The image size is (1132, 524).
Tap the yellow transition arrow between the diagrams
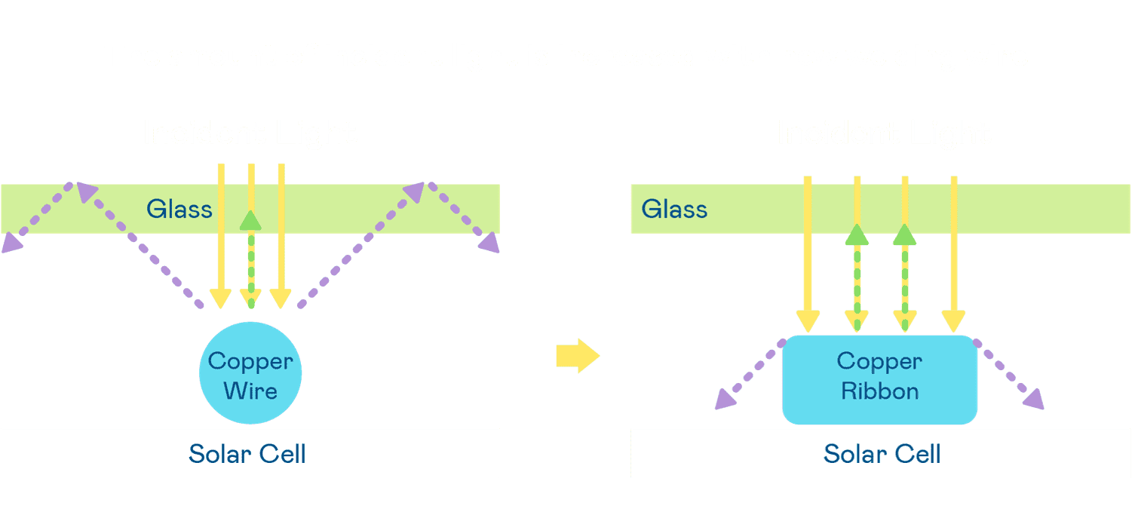577,355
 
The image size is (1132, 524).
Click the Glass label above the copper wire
179,208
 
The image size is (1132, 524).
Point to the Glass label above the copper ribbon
674,208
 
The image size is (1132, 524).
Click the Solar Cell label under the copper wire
247,454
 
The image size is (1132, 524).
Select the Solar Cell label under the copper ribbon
882,454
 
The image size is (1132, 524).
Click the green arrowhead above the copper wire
250,219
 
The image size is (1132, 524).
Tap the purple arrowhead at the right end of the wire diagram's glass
490,242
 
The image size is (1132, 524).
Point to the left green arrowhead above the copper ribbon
855,234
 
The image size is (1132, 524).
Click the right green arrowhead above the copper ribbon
903,234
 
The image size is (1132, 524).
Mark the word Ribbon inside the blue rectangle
880,391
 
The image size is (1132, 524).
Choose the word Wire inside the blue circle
250,391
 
